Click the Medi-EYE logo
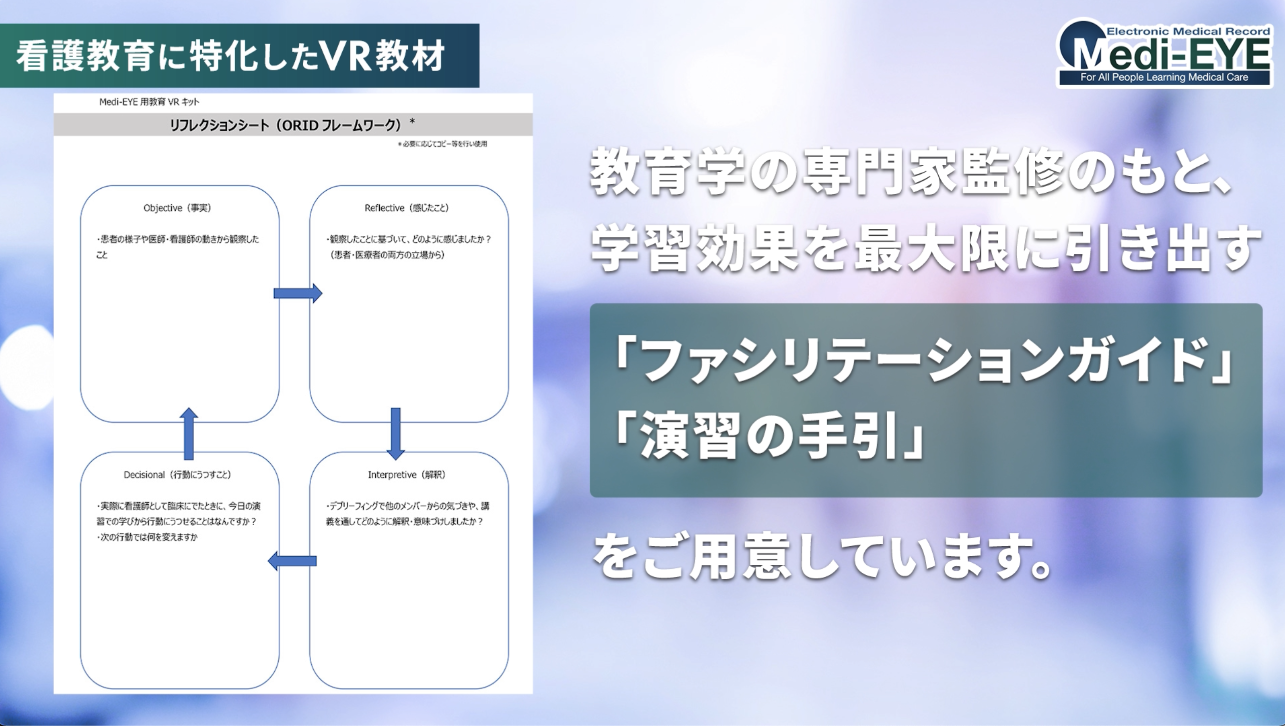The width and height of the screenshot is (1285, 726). coord(1164,54)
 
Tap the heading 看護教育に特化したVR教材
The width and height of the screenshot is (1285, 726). coord(230,56)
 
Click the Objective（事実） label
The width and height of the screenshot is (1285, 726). coord(177,208)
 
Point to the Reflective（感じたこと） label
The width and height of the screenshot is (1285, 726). coord(406,208)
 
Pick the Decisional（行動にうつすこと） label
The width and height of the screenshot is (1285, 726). coord(177,475)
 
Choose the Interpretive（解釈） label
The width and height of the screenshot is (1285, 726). coord(406,475)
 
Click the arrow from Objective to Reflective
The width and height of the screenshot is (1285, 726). coord(297,293)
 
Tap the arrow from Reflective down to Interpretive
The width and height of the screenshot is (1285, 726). coord(395,434)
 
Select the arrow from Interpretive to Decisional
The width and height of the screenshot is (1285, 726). coord(292,561)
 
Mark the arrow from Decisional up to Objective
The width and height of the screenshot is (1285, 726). coord(189,434)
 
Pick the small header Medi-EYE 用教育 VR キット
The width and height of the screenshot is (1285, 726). coord(149,102)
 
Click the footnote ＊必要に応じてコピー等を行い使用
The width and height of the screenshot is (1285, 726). coord(442,144)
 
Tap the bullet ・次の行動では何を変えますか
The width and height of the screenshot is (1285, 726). coord(147,537)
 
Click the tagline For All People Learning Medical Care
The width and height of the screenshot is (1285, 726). coord(1164,77)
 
